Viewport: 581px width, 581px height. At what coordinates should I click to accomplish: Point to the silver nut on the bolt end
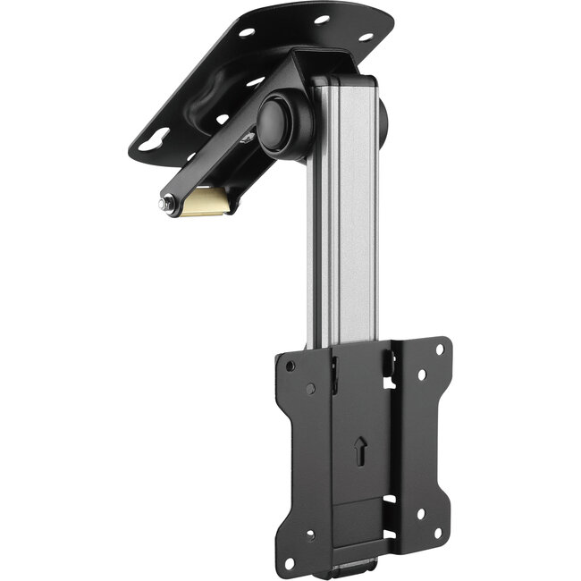pos(165,205)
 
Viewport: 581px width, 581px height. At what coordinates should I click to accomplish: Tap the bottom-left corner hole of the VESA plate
pos(311,535)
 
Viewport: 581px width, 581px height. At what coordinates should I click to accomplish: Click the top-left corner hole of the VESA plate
pos(290,365)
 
